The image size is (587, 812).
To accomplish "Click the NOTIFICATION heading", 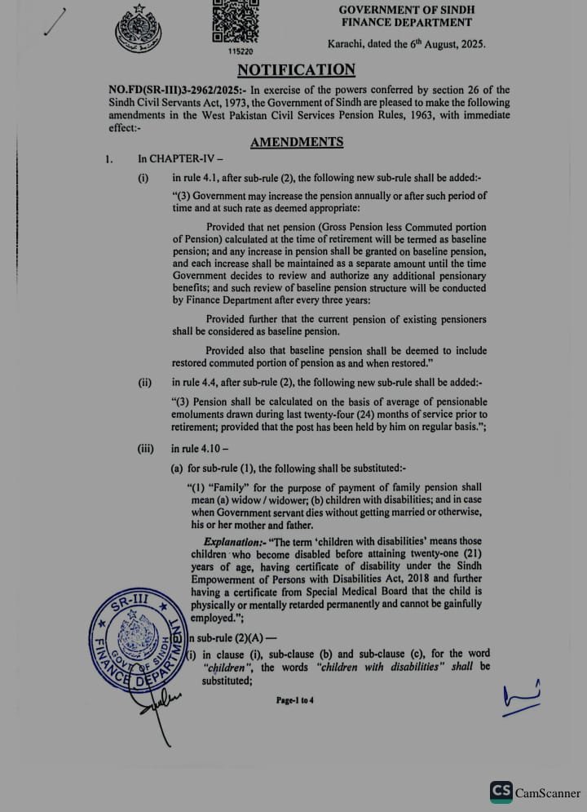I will point(296,70).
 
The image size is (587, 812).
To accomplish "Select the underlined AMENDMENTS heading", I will point(297,142).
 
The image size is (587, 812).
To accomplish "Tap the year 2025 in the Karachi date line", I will point(470,45).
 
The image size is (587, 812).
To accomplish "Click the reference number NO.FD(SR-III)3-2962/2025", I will point(170,90).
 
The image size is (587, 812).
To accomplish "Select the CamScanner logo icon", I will point(501,792).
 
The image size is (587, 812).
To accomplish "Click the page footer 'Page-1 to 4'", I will point(295,699).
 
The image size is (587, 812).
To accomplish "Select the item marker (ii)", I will point(145,382).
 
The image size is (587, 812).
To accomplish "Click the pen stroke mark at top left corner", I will point(55,22).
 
